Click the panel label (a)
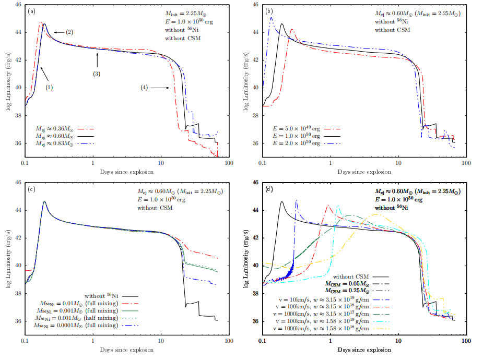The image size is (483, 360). coord(32,10)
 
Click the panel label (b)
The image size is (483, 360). coord(270,10)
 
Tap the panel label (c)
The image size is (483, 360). coord(32,188)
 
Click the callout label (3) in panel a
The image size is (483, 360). coord(97,74)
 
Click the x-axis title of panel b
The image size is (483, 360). coord(360,171)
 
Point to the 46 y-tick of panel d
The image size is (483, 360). coord(254,183)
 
